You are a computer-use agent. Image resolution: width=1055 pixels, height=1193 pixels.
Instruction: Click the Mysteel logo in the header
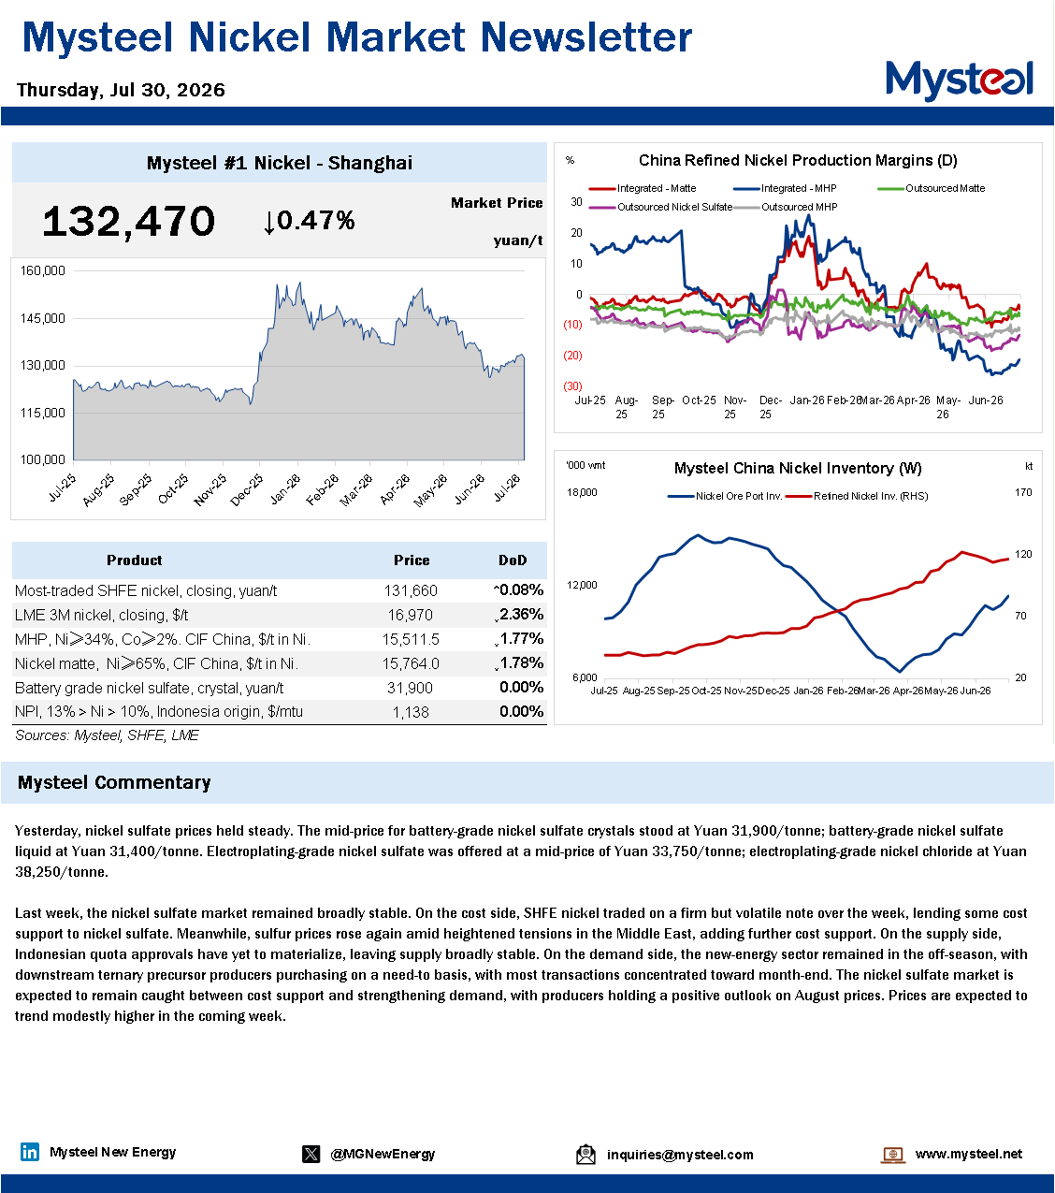[959, 80]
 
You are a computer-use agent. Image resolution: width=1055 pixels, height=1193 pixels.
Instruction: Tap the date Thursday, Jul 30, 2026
[121, 90]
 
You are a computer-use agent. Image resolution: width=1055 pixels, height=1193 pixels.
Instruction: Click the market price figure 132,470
[128, 222]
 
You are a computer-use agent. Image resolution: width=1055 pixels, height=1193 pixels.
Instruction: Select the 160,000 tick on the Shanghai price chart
[43, 270]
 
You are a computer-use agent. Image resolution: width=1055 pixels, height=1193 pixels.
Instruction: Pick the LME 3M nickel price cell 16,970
[411, 615]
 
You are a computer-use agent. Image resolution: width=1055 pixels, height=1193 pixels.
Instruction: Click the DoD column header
[513, 560]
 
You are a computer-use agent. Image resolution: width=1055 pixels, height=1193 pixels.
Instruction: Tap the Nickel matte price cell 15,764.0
[411, 663]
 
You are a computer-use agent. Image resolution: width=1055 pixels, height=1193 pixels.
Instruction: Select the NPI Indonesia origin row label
[159, 712]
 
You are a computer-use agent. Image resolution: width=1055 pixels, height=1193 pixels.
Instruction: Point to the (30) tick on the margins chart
[572, 386]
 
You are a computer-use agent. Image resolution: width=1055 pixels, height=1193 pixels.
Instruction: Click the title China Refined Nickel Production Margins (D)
[798, 160]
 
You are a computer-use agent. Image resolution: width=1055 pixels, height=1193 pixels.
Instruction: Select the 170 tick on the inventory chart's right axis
[1023, 492]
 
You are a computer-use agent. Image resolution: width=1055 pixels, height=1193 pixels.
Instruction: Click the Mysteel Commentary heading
[114, 782]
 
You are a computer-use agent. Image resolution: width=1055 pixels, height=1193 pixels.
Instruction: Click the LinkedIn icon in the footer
[30, 1152]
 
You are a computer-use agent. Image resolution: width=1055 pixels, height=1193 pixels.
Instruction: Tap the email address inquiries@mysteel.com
[680, 1155]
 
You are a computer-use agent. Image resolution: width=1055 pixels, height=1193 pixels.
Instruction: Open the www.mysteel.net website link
[968, 1154]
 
